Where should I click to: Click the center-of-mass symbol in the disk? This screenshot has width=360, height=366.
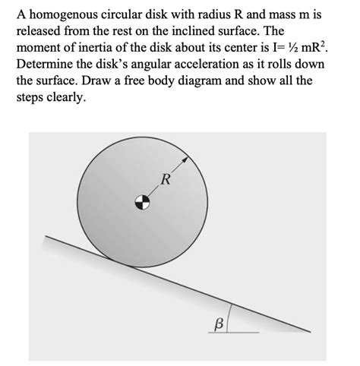[141, 202]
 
